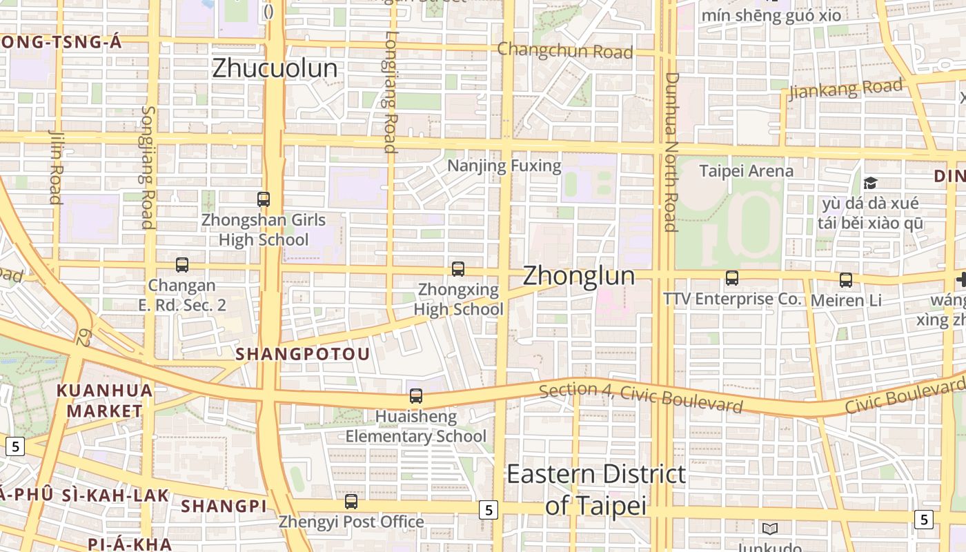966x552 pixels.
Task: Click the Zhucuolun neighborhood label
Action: pos(275,68)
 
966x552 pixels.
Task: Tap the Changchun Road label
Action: pos(564,50)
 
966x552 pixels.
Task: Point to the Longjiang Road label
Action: pos(391,92)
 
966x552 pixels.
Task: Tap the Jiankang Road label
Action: pos(845,89)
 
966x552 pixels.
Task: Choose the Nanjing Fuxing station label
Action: pos(504,166)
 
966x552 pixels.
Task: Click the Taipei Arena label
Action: pos(746,170)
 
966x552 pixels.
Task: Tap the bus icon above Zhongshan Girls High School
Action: pos(264,199)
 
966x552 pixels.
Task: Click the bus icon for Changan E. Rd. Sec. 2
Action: pos(182,265)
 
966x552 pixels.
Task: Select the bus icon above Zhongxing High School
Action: pos(458,269)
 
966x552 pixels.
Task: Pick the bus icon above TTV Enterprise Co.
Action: pos(732,278)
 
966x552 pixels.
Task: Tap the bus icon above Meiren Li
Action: pos(846,280)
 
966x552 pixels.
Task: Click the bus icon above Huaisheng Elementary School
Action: pos(416,396)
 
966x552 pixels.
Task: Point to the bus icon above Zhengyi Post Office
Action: pos(351,502)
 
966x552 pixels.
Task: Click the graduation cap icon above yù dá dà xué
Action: pos(871,183)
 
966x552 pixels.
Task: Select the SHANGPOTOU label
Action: pos(303,354)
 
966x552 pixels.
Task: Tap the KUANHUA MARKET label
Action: pos(104,401)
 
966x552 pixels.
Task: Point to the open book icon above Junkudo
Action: pos(770,529)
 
